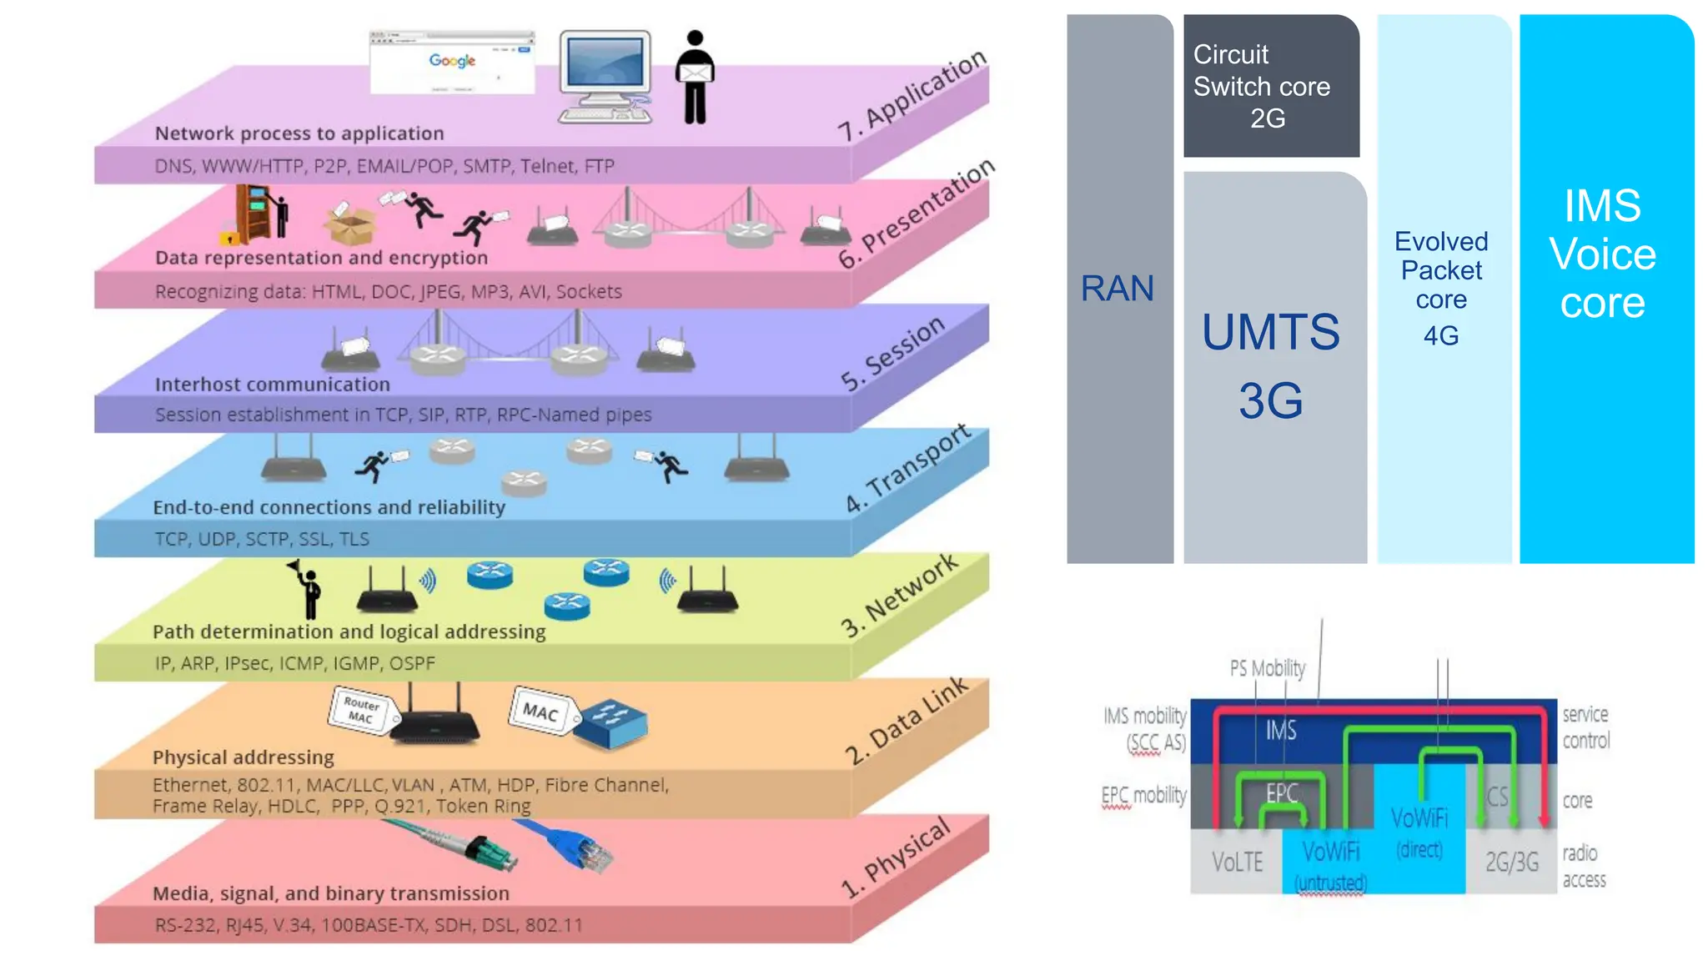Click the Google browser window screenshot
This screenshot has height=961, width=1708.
point(452,63)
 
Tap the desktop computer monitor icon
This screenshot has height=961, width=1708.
point(605,75)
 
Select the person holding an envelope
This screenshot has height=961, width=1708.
point(695,78)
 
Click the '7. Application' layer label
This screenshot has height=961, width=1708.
point(912,95)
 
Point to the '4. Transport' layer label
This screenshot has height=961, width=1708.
point(908,468)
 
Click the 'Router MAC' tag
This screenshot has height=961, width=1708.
point(361,710)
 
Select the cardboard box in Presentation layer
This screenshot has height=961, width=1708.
point(351,225)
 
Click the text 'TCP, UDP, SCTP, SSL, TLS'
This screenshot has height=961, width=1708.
point(262,539)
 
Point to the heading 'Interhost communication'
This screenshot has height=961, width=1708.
point(273,385)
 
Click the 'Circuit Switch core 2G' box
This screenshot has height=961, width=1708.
point(1269,87)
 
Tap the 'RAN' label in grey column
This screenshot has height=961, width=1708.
point(1118,289)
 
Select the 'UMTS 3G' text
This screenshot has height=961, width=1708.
point(1270,365)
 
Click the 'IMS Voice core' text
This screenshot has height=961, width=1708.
point(1602,254)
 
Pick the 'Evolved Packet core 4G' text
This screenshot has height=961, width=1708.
point(1441,288)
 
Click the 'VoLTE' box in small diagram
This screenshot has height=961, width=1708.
point(1237,862)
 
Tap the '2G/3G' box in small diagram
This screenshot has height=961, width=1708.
point(1511,862)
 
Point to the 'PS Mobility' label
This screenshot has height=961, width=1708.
point(1267,668)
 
